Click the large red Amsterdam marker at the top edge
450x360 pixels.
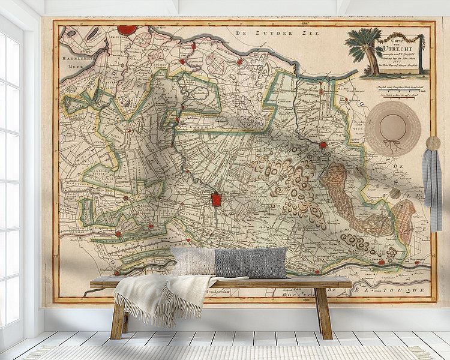127,29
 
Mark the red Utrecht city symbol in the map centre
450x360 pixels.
216,199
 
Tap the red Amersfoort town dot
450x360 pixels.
323,145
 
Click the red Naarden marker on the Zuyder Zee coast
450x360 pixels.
239,61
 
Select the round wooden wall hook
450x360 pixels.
433,143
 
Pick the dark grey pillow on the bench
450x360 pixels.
251,263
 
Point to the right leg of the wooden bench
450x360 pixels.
324,312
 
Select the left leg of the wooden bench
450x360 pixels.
119,317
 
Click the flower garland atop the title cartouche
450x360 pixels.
400,38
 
